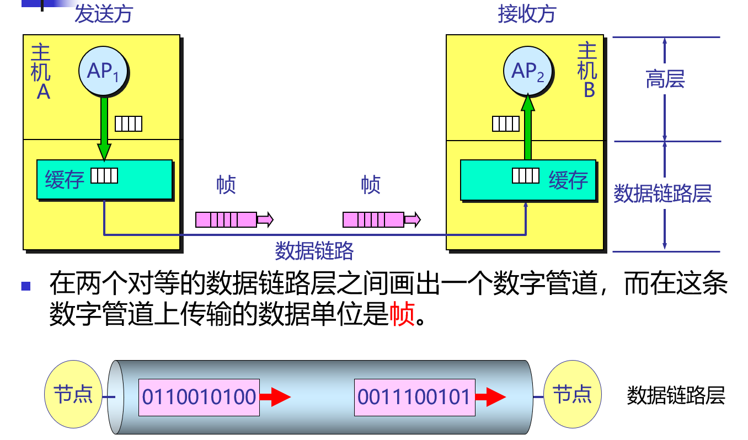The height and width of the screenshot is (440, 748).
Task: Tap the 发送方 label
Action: coord(104,15)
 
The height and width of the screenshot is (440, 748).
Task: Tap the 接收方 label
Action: coord(527,15)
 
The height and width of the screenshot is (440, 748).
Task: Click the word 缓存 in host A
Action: coord(65,180)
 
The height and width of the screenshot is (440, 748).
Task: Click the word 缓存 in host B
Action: coord(568,180)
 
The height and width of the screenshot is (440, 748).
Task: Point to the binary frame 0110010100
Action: coord(199,397)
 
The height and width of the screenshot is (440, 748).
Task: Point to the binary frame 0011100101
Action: coord(414,397)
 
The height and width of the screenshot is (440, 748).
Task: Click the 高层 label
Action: coord(665,80)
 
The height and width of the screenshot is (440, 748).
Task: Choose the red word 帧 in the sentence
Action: coord(402,315)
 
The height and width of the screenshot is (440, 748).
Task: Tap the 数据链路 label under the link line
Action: coord(314,251)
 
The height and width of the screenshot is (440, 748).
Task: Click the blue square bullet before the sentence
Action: coord(25,286)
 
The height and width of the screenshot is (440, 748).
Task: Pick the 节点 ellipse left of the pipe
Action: coord(73,395)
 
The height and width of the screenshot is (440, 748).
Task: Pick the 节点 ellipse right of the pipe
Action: coord(572,395)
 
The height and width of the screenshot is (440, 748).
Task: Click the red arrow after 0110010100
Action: coord(275,397)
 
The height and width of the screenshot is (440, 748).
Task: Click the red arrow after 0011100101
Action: coord(490,397)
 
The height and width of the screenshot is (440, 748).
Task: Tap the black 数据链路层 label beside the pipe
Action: coord(675,395)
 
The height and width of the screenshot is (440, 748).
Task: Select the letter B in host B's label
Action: coord(589,90)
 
